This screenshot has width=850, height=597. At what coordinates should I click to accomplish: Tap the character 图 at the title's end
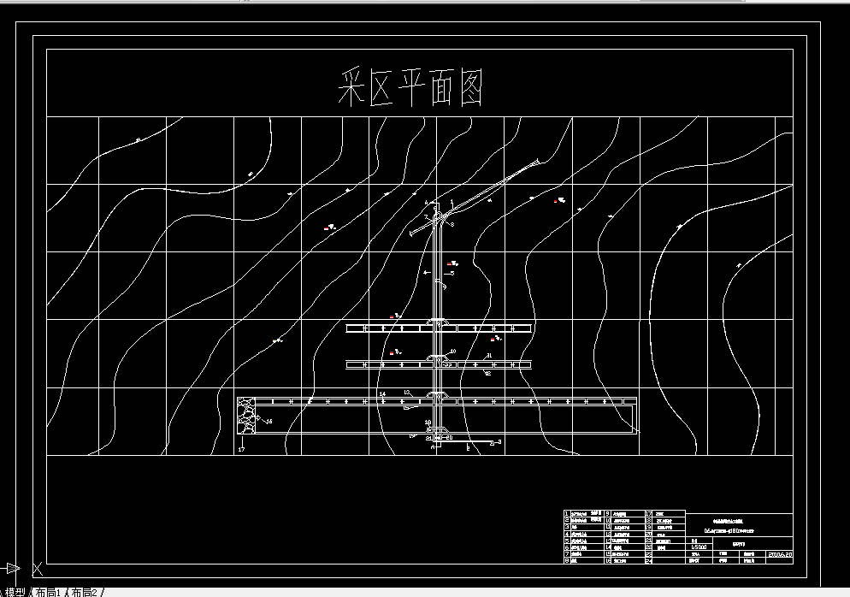coord(465,87)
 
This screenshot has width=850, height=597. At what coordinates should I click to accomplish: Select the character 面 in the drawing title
coord(428,87)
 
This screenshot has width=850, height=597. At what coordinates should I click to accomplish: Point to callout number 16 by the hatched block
coord(269,421)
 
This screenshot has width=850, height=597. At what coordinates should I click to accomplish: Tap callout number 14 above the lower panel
coord(382,393)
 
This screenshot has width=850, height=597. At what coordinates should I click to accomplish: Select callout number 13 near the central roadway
coord(408,391)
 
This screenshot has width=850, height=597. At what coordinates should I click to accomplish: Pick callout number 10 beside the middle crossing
coord(453,352)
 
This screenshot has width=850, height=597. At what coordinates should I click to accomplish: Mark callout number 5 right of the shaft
coord(452,273)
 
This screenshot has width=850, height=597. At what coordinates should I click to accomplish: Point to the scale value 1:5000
coord(699,547)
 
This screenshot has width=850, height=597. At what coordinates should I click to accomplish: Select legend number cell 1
coord(566,514)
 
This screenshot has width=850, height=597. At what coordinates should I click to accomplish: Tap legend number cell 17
coord(648,514)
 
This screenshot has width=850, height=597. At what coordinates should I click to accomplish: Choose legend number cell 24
coord(648,560)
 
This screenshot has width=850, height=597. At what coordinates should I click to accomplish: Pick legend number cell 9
coord(607,514)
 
